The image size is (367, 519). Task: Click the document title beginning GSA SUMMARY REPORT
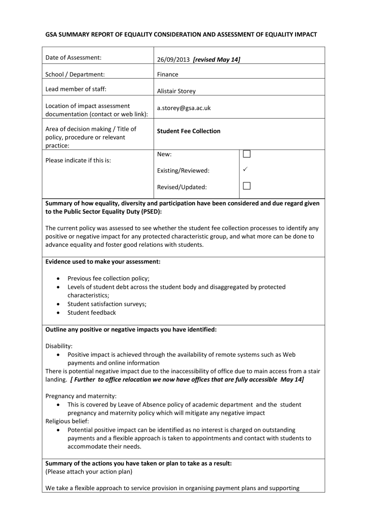click(181, 34)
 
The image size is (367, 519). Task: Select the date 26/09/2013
click(173, 60)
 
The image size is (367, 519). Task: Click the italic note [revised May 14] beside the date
click(216, 60)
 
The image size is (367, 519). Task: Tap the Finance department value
click(167, 75)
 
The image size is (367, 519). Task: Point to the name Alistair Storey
click(176, 91)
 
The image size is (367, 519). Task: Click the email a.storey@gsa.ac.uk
click(183, 108)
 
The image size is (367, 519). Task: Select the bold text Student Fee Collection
click(189, 131)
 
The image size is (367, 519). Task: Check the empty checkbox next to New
click(247, 154)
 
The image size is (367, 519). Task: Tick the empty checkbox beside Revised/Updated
click(247, 186)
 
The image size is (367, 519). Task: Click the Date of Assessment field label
click(74, 58)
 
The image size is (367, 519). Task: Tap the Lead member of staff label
click(76, 90)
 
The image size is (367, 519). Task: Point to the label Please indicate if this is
click(78, 161)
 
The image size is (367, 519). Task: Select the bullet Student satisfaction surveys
click(107, 304)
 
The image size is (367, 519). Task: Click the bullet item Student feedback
click(92, 313)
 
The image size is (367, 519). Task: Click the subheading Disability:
click(59, 346)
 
